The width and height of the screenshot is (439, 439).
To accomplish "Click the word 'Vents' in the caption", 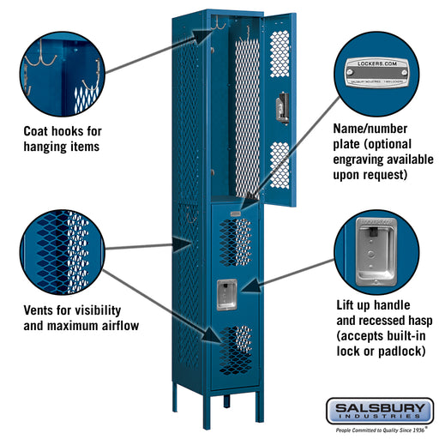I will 42,310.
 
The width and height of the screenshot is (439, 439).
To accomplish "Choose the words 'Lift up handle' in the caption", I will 374,304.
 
